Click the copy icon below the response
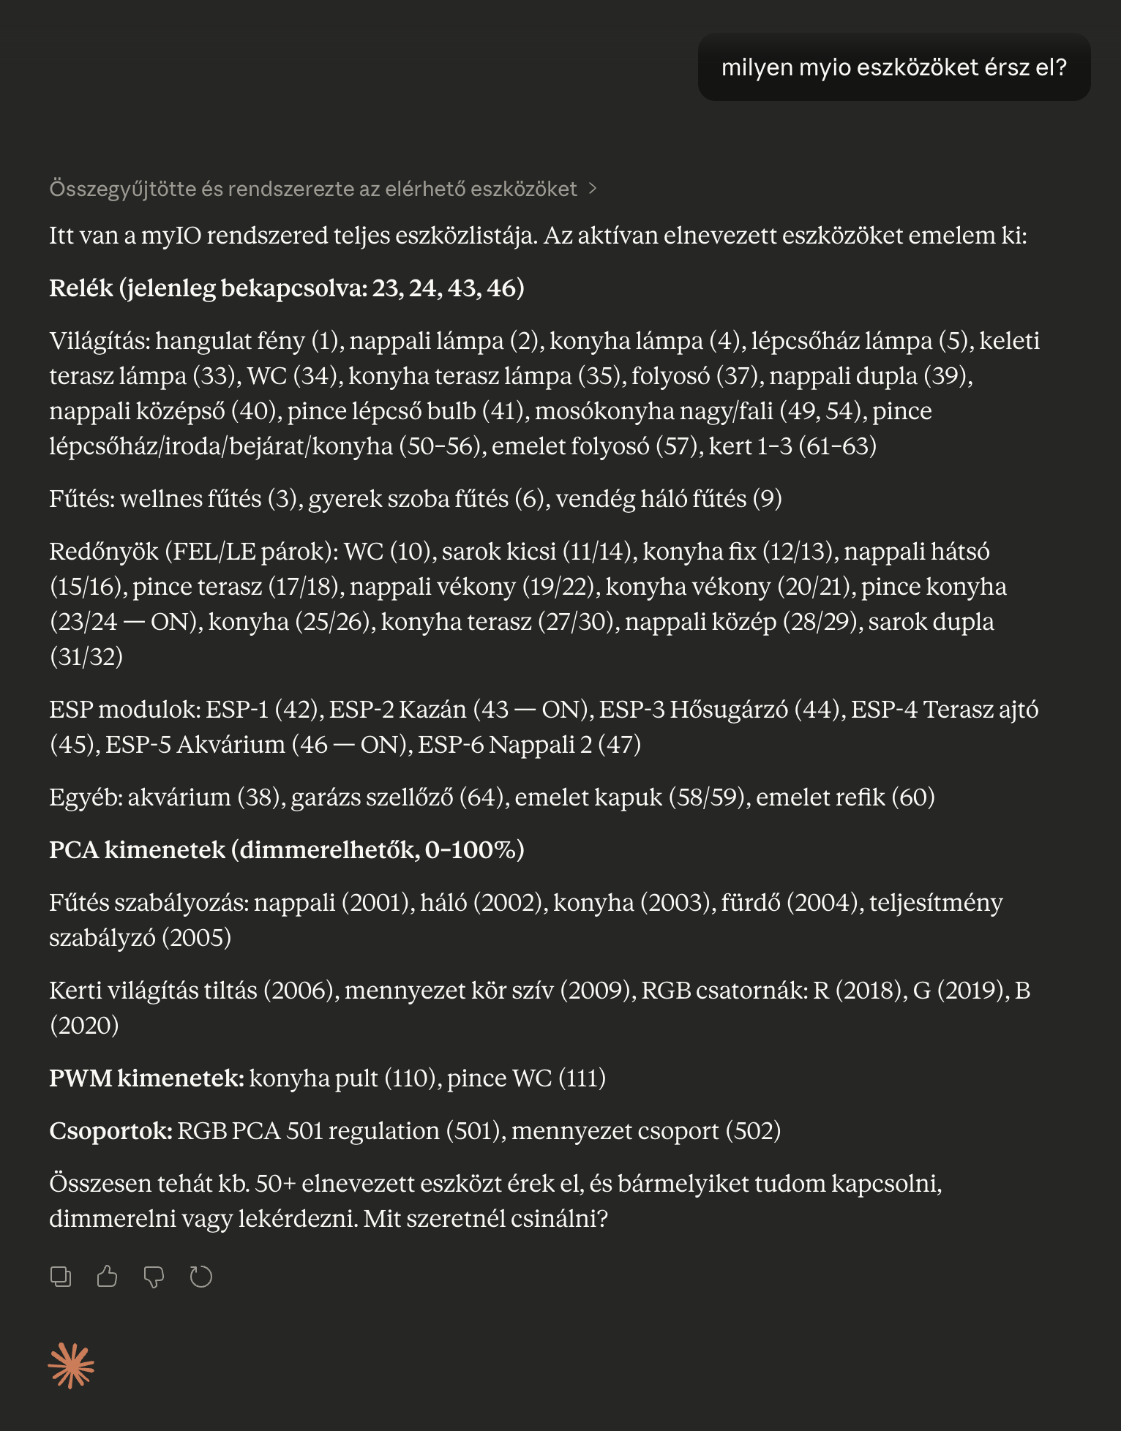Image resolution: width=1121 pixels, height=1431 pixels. click(61, 1277)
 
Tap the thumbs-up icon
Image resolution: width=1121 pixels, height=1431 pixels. click(108, 1277)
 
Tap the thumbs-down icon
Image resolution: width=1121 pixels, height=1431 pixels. click(154, 1277)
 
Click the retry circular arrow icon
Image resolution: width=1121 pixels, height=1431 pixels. click(200, 1277)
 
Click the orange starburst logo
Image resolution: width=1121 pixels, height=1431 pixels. click(71, 1365)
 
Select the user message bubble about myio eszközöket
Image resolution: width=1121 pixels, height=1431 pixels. click(893, 67)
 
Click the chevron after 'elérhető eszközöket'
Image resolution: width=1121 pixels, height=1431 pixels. click(593, 189)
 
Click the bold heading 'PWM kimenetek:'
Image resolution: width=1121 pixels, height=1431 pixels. click(146, 1078)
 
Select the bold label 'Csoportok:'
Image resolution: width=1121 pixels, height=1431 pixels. click(110, 1130)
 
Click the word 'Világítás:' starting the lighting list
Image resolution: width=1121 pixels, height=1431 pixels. click(100, 340)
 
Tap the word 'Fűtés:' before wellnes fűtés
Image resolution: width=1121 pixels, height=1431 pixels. click(82, 498)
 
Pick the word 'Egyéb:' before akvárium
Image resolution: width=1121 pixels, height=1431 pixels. click(86, 797)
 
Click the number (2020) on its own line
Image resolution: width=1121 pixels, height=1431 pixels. click(84, 1025)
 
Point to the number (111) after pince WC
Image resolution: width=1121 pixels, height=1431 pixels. click(582, 1078)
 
